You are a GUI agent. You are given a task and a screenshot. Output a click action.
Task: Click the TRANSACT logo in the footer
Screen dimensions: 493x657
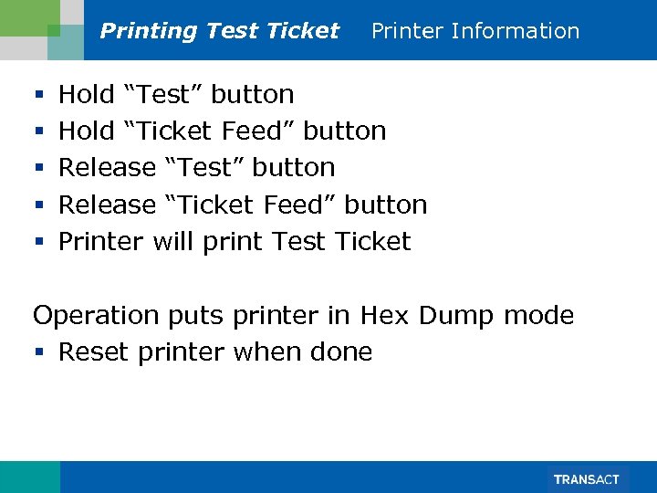coord(587,479)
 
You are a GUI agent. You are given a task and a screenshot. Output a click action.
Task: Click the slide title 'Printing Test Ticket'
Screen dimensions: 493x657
coord(219,31)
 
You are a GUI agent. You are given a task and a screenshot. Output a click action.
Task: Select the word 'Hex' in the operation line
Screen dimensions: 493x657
coord(384,316)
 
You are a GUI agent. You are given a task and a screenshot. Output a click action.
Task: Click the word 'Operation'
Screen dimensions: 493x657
coord(96,317)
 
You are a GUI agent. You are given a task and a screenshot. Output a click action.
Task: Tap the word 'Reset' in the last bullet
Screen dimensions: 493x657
coord(94,352)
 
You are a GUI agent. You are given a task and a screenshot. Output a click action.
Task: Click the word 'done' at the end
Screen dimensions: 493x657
coord(342,352)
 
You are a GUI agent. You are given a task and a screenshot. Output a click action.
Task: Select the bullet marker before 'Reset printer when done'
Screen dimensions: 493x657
coord(37,353)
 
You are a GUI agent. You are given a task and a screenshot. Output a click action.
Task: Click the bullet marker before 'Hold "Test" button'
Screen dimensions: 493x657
coord(37,96)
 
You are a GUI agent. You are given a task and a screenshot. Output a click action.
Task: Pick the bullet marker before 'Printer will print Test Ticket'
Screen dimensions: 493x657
coord(37,243)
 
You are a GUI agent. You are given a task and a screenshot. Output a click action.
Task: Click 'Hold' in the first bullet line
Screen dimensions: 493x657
coord(87,95)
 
